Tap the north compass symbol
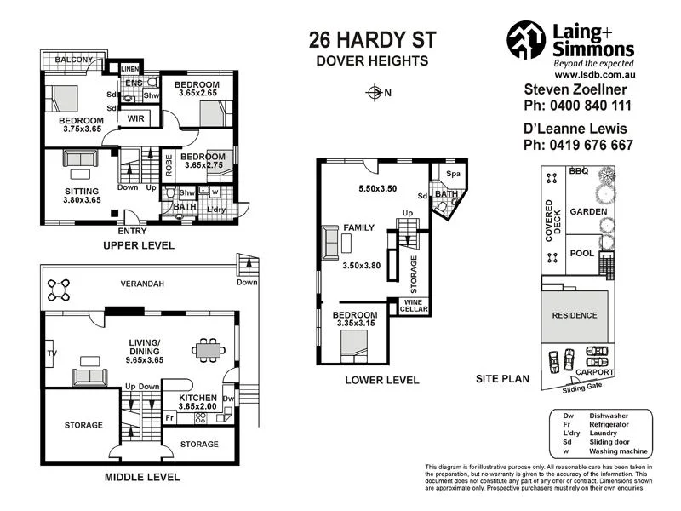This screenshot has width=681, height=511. (373, 93)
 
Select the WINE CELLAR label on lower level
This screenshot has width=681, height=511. (414, 305)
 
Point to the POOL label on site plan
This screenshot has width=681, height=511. (581, 254)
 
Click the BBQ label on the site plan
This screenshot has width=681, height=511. (580, 171)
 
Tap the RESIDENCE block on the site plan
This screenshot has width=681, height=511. (575, 315)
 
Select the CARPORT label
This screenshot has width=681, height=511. (593, 372)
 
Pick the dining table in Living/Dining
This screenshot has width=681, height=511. (207, 348)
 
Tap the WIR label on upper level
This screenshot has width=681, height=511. (136, 118)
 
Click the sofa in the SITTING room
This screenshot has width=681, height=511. (79, 158)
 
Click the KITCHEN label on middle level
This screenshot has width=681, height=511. (197, 398)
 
